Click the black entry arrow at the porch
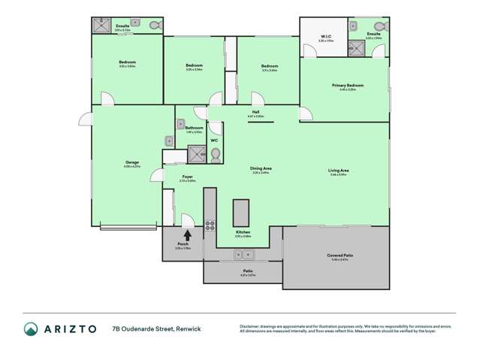[x=186, y=234]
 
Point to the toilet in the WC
[x=215, y=156]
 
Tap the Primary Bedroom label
[x=347, y=86]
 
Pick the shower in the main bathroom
[x=196, y=155]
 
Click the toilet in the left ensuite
[x=153, y=26]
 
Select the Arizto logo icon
[x=31, y=328]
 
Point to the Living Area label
[x=338, y=171]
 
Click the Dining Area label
[x=260, y=171]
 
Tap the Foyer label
[x=189, y=177]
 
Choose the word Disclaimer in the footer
[x=252, y=325]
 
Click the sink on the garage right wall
[x=170, y=141]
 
